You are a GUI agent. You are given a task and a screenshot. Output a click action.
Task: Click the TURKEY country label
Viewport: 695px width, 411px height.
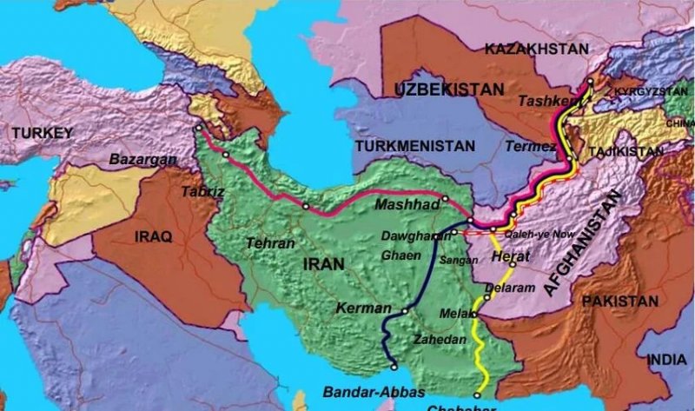click(x=38, y=132)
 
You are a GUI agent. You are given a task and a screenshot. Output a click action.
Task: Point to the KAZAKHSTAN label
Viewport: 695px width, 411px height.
click(x=536, y=50)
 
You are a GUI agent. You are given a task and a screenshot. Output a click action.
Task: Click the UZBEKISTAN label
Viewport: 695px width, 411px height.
click(x=448, y=89)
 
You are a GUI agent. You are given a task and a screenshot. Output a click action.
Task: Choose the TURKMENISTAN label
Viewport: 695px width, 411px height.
click(x=414, y=146)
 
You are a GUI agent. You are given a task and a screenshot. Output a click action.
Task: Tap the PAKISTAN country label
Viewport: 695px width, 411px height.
click(x=620, y=302)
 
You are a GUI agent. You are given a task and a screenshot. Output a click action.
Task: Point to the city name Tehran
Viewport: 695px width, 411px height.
click(x=270, y=244)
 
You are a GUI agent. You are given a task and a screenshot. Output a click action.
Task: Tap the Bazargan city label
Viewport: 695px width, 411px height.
click(x=143, y=160)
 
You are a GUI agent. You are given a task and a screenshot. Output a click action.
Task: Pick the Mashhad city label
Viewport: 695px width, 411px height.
click(x=402, y=206)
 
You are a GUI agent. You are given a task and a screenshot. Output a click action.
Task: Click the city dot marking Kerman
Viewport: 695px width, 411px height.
click(x=405, y=310)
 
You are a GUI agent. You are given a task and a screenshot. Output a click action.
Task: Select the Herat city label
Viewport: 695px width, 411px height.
click(x=510, y=258)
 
